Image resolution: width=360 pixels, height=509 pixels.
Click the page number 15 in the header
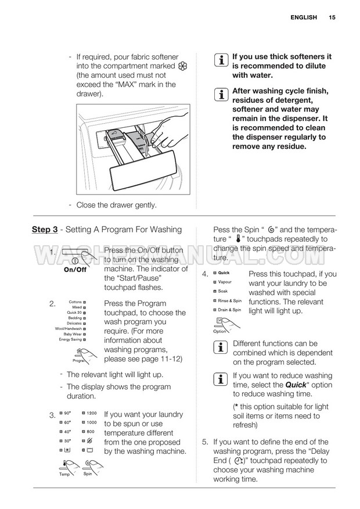[x=332, y=17]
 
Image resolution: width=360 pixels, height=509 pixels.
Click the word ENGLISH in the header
[x=304, y=17]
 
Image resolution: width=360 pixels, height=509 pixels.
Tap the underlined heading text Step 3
[x=45, y=230]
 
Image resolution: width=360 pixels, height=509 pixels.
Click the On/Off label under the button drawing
[x=75, y=270]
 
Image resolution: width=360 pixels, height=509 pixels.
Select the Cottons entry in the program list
[x=75, y=303]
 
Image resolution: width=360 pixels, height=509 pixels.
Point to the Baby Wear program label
[x=73, y=334]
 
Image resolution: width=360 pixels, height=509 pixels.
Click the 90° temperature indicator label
[x=68, y=413]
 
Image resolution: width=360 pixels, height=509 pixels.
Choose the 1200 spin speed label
[x=92, y=413]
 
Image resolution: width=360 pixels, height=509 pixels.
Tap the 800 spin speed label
[x=91, y=432]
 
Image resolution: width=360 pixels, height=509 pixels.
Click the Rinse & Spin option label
[x=229, y=300]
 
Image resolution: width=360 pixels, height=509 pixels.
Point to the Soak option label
[x=223, y=291]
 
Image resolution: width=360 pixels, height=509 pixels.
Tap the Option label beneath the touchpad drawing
[x=219, y=331]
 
